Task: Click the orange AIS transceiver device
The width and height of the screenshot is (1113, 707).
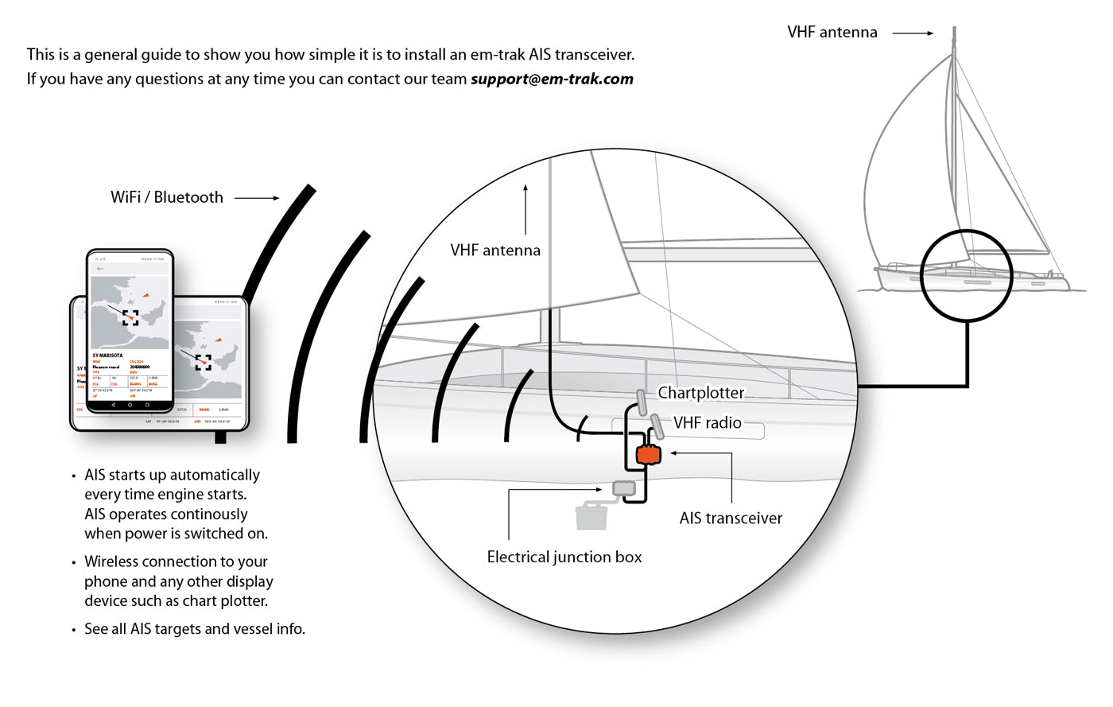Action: tap(648, 455)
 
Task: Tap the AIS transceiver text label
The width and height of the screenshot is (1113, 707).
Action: tap(731, 519)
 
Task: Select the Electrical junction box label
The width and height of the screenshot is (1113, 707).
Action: tap(564, 557)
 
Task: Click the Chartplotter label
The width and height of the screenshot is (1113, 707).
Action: tap(701, 393)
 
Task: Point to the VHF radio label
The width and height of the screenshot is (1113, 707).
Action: tap(708, 423)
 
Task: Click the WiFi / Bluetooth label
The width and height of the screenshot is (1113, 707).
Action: tap(167, 197)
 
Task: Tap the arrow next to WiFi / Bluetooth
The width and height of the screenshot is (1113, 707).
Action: tap(257, 198)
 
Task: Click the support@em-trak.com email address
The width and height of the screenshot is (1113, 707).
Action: tap(552, 79)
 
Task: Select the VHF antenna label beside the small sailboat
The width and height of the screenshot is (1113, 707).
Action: tap(832, 33)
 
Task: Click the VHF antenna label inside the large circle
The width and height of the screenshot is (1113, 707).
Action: tap(495, 251)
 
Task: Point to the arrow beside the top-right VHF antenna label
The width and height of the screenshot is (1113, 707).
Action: tap(913, 33)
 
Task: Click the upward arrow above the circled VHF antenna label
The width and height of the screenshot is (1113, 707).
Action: tap(525, 210)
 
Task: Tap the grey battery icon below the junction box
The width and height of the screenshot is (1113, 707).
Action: tap(591, 515)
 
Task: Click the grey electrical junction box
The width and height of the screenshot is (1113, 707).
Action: tap(624, 488)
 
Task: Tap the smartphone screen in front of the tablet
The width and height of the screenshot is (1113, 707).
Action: tap(130, 330)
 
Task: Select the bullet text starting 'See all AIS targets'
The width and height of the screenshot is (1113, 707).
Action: tap(195, 629)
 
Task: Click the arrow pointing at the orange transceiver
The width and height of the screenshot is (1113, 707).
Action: tap(700, 454)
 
